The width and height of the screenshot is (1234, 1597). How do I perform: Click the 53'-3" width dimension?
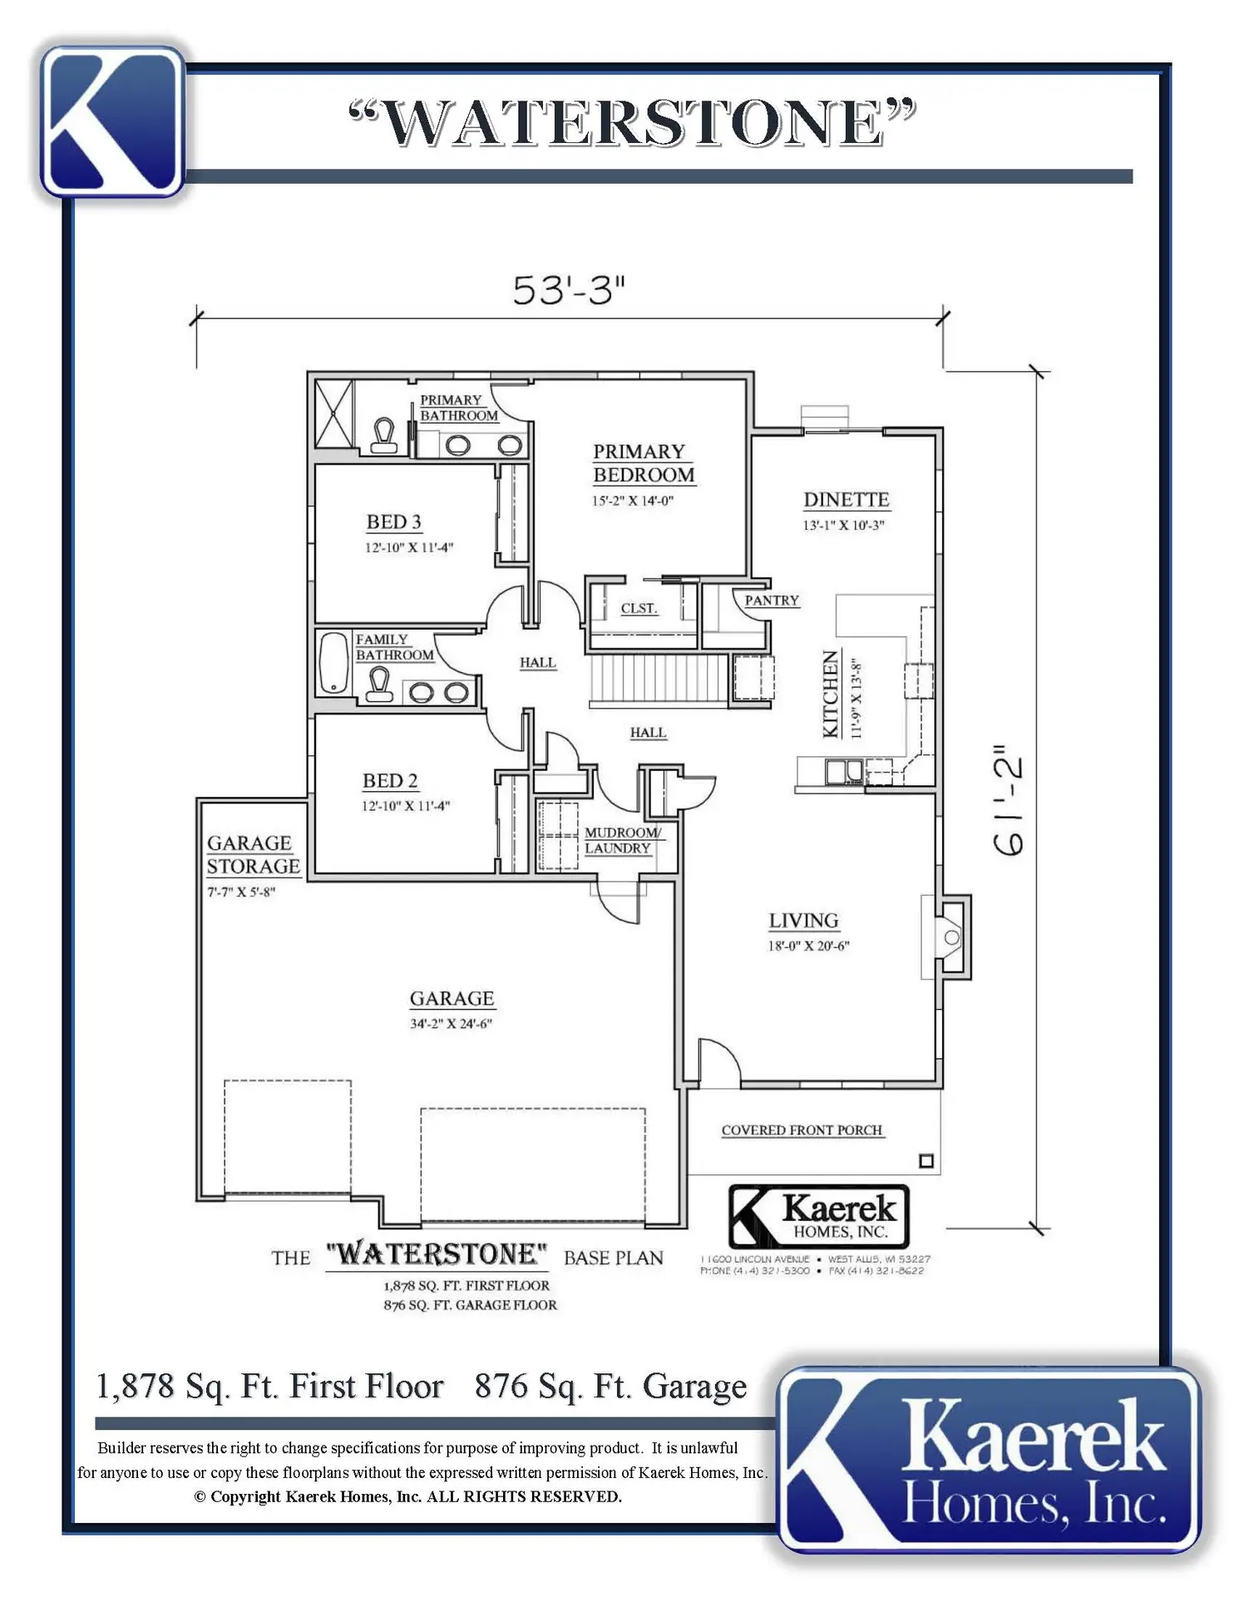(x=568, y=289)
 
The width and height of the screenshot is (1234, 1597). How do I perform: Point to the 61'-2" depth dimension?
(x=1009, y=799)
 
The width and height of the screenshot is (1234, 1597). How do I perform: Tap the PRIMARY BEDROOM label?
(x=644, y=463)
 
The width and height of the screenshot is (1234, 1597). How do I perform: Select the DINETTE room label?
(x=846, y=500)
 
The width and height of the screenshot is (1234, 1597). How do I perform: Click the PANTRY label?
(x=772, y=601)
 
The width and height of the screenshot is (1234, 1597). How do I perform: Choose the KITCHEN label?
(x=831, y=694)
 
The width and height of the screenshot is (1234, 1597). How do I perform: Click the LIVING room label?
(x=803, y=921)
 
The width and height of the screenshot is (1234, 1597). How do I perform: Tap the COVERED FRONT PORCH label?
(x=802, y=1130)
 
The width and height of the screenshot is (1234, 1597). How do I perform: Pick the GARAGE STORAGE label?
(x=254, y=855)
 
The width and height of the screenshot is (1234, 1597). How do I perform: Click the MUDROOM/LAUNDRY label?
(x=623, y=840)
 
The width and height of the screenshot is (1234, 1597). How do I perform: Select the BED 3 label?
(x=394, y=522)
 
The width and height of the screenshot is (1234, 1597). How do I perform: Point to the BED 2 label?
(x=390, y=781)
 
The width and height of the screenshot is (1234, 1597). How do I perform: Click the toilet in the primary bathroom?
(x=383, y=435)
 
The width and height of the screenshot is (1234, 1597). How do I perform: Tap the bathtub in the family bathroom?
(x=334, y=663)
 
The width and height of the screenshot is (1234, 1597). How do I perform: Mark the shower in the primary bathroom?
(x=333, y=413)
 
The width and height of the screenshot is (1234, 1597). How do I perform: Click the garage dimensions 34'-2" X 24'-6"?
(x=451, y=1024)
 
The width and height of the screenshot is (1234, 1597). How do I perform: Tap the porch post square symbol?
(x=926, y=1161)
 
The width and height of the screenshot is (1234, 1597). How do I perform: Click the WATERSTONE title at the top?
(x=632, y=123)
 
